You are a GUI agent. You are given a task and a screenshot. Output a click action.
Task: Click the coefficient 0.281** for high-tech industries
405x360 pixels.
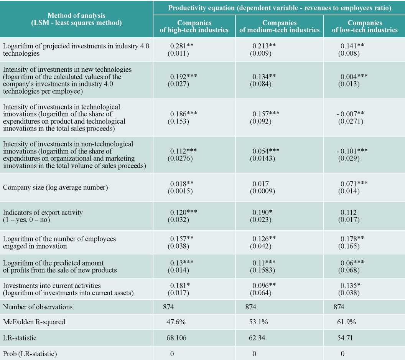pyautogui.click(x=181, y=46)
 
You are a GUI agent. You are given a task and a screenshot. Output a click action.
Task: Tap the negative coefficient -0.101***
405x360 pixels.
pyautogui.click(x=352, y=151)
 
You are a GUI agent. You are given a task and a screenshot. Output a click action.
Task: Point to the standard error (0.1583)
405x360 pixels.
pyautogui.click(x=262, y=270)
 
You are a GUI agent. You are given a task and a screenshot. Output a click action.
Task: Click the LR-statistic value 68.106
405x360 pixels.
pyautogui.click(x=176, y=338)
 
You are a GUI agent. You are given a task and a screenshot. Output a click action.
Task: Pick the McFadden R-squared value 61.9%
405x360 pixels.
pyautogui.click(x=346, y=322)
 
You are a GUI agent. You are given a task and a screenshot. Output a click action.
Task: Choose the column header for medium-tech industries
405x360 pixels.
pyautogui.click(x=280, y=26)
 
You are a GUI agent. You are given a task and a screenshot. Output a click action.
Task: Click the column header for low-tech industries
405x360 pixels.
pyautogui.click(x=365, y=26)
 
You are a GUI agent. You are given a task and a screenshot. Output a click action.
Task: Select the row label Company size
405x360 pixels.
pyautogui.click(x=55, y=187)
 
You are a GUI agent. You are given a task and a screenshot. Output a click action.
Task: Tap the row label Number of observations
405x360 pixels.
pyautogui.click(x=38, y=307)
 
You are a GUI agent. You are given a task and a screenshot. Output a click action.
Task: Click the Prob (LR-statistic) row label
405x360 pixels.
pyautogui.click(x=30, y=353)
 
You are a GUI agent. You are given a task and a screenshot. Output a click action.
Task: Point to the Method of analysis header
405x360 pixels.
pyautogui.click(x=76, y=19)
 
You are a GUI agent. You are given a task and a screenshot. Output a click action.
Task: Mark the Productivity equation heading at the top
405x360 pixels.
pyautogui.click(x=280, y=8)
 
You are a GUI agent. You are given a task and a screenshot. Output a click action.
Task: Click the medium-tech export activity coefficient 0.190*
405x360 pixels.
pyautogui.click(x=262, y=213)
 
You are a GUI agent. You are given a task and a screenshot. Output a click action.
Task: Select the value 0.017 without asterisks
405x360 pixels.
pyautogui.click(x=261, y=184)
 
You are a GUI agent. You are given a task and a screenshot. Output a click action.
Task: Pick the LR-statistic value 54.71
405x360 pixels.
pyautogui.click(x=345, y=338)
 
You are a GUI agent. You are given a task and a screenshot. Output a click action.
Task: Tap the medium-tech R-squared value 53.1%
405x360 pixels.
pyautogui.click(x=258, y=322)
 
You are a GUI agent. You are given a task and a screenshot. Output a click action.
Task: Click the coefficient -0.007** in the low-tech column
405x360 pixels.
pyautogui.click(x=350, y=114)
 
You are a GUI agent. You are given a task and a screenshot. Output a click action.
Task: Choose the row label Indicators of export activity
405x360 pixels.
pyautogui.click(x=43, y=213)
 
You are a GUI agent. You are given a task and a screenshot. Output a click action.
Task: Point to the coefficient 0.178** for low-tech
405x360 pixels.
pyautogui.click(x=352, y=239)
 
